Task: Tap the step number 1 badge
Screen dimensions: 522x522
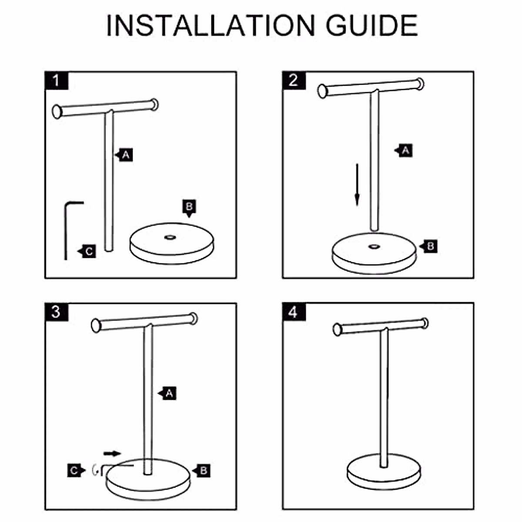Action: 57,81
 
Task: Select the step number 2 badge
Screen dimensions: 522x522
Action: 294,80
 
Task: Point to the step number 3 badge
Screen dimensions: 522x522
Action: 57,312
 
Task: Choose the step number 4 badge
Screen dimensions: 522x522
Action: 294,312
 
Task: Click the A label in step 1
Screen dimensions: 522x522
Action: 125,154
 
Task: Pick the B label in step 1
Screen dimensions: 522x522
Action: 189,207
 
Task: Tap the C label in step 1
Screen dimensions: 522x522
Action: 88,251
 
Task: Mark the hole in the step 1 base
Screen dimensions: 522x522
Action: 170,238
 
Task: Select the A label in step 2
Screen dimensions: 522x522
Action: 405,151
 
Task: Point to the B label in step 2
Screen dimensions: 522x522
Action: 430,247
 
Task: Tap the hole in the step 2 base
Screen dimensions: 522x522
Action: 373,247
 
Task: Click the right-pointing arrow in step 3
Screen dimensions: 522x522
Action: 112,454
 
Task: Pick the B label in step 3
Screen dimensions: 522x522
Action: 203,470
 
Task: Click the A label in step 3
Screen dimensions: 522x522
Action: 169,394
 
